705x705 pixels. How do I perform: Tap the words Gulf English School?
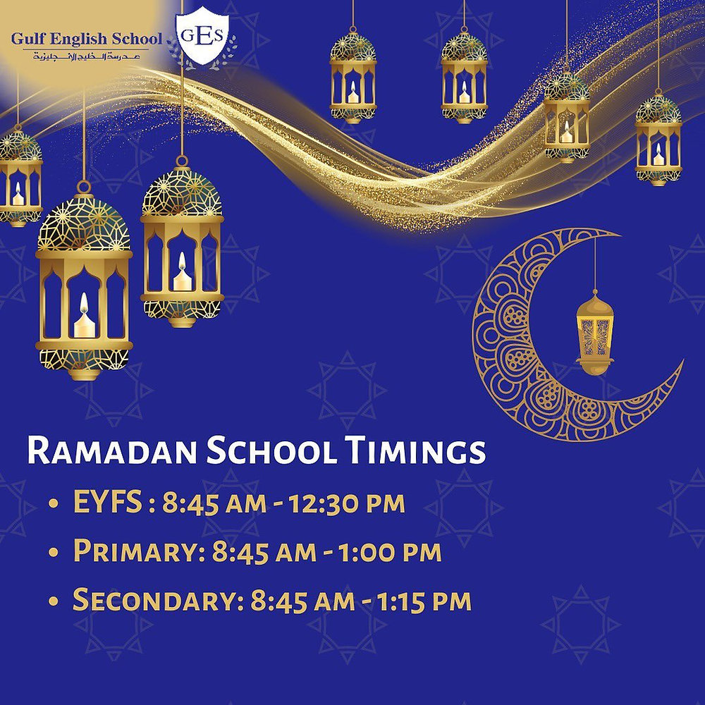tap(86, 38)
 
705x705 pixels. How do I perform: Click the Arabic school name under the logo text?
tap(86, 55)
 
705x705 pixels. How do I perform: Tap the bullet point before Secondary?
tap(54, 603)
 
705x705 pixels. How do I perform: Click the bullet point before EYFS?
tap(54, 506)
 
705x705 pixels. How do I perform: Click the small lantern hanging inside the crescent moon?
tap(594, 331)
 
